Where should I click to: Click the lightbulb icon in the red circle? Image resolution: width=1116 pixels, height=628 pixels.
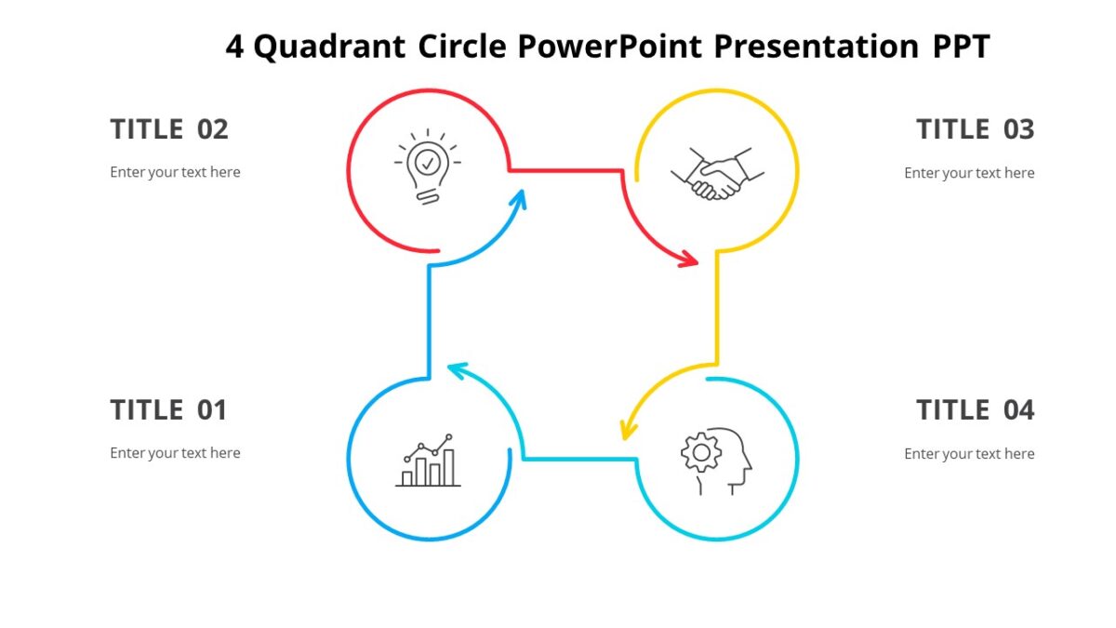(427, 167)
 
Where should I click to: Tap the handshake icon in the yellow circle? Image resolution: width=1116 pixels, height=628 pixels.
(717, 173)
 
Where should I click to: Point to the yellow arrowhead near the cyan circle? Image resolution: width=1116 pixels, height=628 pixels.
(629, 429)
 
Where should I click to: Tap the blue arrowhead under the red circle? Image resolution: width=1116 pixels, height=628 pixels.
(518, 198)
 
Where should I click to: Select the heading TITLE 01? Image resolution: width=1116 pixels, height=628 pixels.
(168, 409)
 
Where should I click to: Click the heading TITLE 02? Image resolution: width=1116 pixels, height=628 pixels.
(168, 129)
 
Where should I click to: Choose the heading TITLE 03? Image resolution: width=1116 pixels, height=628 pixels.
(975, 129)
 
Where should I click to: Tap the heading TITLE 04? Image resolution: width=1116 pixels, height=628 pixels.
(975, 409)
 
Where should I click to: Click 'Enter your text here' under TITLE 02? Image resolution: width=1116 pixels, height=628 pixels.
(175, 172)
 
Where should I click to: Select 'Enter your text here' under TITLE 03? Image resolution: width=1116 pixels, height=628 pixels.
(969, 173)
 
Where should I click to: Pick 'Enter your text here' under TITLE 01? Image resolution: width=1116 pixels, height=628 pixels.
(175, 453)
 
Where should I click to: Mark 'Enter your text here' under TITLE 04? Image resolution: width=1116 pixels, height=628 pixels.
(969, 454)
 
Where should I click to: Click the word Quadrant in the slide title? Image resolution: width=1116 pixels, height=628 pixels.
(329, 46)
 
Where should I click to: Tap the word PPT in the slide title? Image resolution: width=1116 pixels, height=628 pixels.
(962, 46)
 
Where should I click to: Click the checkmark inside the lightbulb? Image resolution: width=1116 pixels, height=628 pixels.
(427, 163)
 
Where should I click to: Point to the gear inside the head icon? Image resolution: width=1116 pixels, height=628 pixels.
(701, 452)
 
